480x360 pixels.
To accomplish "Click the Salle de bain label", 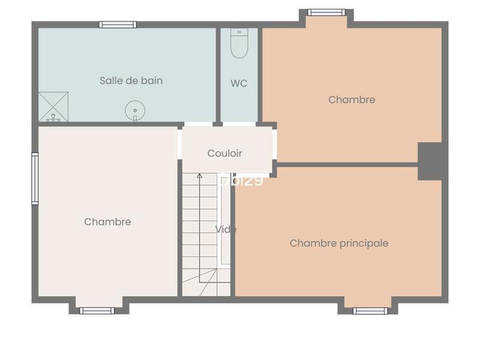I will [x=131, y=80].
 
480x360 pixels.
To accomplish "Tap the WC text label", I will [x=239, y=83].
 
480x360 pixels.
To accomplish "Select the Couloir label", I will [x=225, y=154].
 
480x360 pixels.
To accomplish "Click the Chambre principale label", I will [x=339, y=243].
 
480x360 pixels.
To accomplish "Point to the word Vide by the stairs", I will [x=226, y=229].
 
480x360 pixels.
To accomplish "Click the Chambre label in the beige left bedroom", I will [x=107, y=222].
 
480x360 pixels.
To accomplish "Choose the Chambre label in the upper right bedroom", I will [x=352, y=100].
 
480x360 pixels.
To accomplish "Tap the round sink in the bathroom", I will [x=135, y=110].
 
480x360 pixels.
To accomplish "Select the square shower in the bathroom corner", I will [x=54, y=107].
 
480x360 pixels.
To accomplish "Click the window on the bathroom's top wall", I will [x=118, y=25].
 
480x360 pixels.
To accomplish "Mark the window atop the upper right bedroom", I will [x=326, y=12].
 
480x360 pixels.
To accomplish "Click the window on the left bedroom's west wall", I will [x=35, y=179].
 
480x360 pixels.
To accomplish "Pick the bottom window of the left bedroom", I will [x=97, y=311].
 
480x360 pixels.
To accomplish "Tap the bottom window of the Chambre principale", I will [x=370, y=311].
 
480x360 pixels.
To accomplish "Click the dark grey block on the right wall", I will [x=430, y=161].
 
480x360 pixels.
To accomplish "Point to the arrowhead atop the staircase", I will [x=199, y=176].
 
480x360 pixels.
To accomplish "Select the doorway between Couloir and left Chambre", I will [x=179, y=144].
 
